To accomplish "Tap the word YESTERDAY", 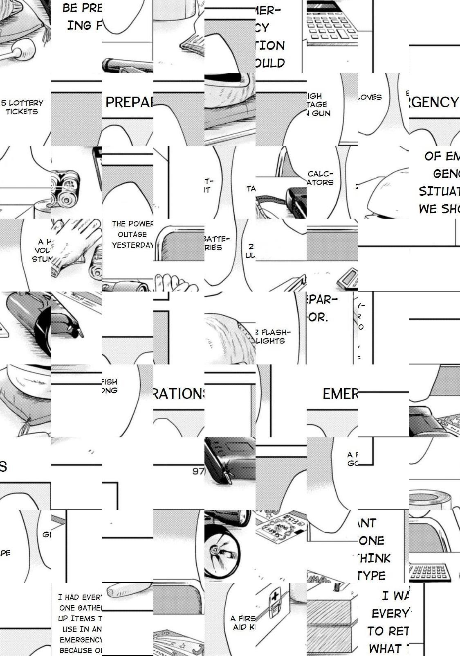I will point(132,245).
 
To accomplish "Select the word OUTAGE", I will point(132,234).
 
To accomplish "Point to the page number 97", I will point(198,471).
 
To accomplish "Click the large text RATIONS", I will point(179,394).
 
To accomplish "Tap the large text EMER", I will point(340,394).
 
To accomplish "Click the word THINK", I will point(372,558).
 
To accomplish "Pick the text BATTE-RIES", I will point(217,243).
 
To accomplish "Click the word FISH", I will point(109,382).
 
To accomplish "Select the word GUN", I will point(321,113).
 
